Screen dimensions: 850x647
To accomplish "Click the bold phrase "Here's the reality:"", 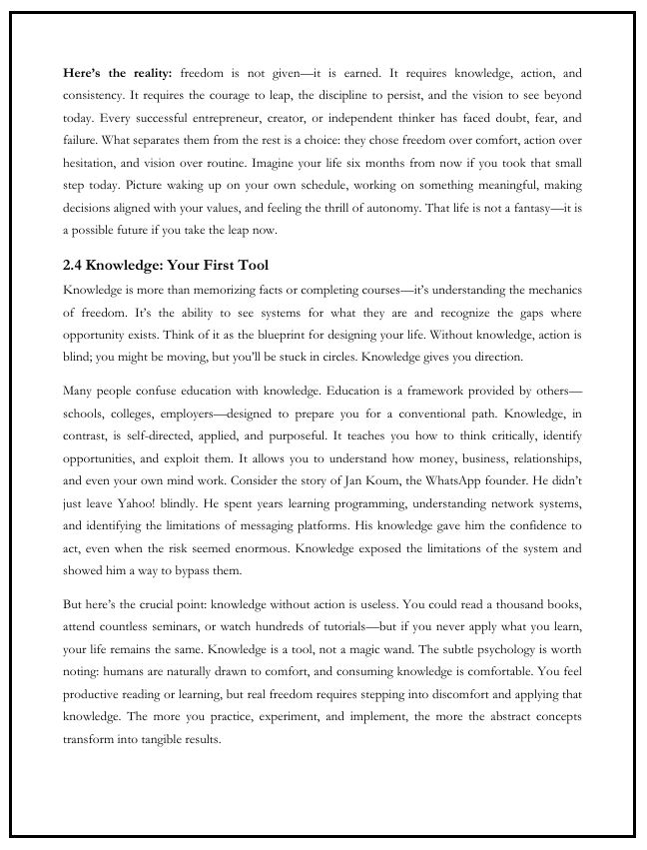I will point(118,74).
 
